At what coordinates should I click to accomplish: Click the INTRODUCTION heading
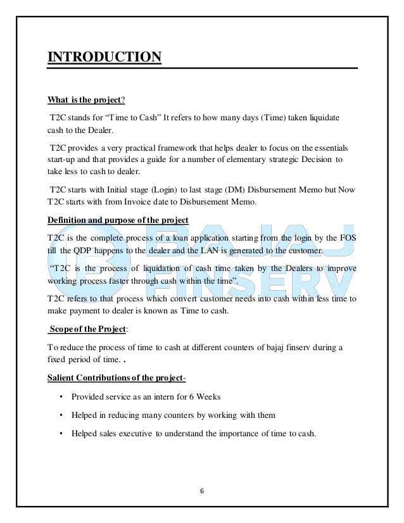coord(104,59)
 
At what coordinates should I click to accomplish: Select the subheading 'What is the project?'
coord(86,99)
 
